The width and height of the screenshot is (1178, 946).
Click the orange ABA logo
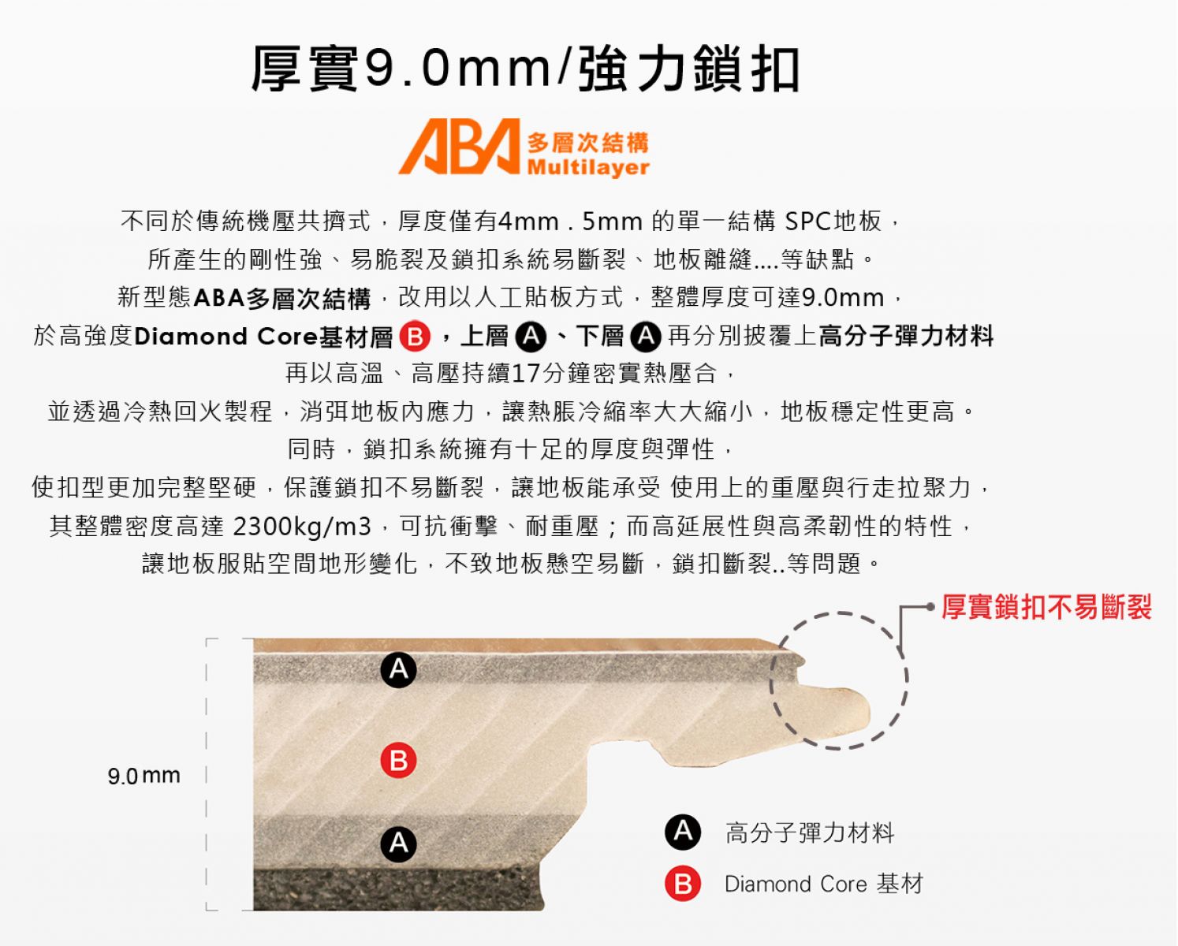pos(459,146)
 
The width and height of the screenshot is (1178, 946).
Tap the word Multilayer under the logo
pos(588,167)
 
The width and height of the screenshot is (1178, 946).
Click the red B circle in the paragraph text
pos(415,336)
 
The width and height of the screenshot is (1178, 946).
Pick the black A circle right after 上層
pos(531,336)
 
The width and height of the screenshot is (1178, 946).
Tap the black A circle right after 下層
pos(646,336)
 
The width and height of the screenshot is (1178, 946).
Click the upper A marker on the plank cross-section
pos(398,669)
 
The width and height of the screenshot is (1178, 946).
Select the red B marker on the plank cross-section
pos(398,761)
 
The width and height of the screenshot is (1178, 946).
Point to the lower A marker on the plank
pos(398,844)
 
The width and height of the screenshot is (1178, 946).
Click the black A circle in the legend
pos(683,832)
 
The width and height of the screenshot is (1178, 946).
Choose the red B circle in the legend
pos(683,883)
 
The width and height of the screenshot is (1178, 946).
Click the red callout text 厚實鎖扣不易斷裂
pos(1046,606)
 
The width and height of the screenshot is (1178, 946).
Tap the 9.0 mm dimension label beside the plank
pos(144,776)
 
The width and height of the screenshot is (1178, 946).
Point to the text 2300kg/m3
pos(302,526)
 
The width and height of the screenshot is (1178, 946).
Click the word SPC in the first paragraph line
pos(808,222)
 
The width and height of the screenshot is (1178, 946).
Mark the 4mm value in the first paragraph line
pos(528,222)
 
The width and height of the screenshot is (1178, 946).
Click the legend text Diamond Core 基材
pos(824,884)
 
